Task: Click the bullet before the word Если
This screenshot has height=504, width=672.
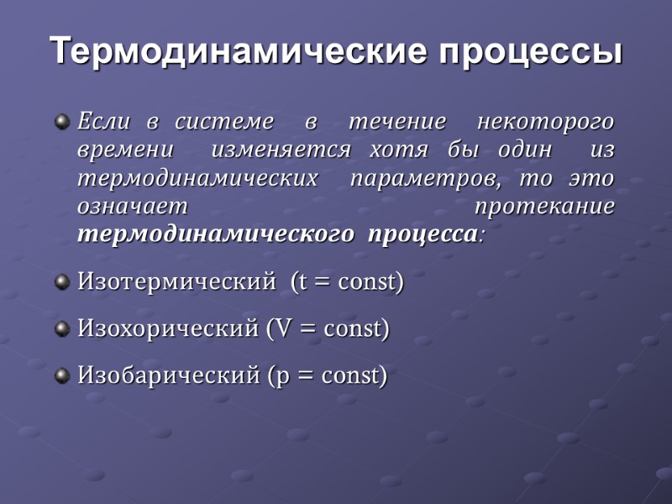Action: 61,123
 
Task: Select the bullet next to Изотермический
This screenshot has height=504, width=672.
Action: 61,282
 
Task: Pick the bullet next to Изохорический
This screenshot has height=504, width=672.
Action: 61,328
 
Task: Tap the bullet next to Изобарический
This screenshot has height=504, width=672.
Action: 61,375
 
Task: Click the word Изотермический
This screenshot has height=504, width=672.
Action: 176,282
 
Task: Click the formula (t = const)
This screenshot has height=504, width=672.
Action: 347,282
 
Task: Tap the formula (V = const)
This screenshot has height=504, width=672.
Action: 328,328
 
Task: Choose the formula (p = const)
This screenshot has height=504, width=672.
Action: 327,375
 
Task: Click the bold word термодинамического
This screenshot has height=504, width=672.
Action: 215,234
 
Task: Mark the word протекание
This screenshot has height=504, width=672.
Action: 544,207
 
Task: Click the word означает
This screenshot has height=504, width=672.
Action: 133,207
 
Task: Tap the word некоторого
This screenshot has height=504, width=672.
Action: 545,123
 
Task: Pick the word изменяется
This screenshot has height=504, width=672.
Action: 281,151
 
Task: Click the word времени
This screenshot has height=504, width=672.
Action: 126,151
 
